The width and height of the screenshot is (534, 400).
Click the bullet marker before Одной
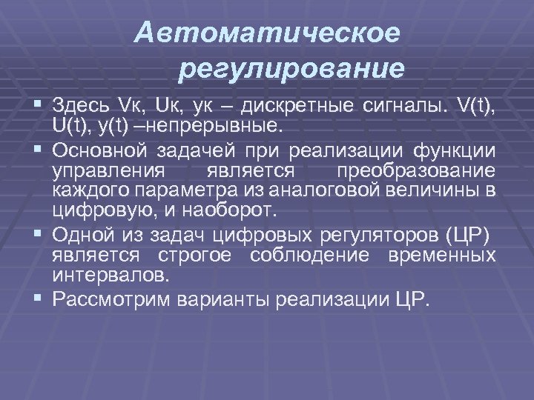pyautogui.click(x=36, y=236)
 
